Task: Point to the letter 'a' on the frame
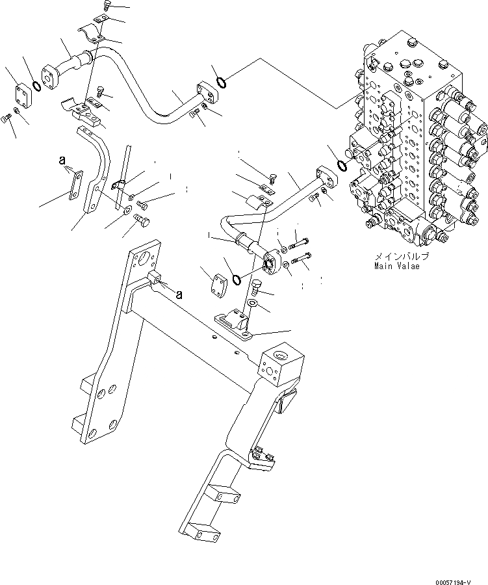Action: [x=179, y=294]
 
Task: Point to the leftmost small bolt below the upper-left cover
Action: [x=6, y=118]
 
